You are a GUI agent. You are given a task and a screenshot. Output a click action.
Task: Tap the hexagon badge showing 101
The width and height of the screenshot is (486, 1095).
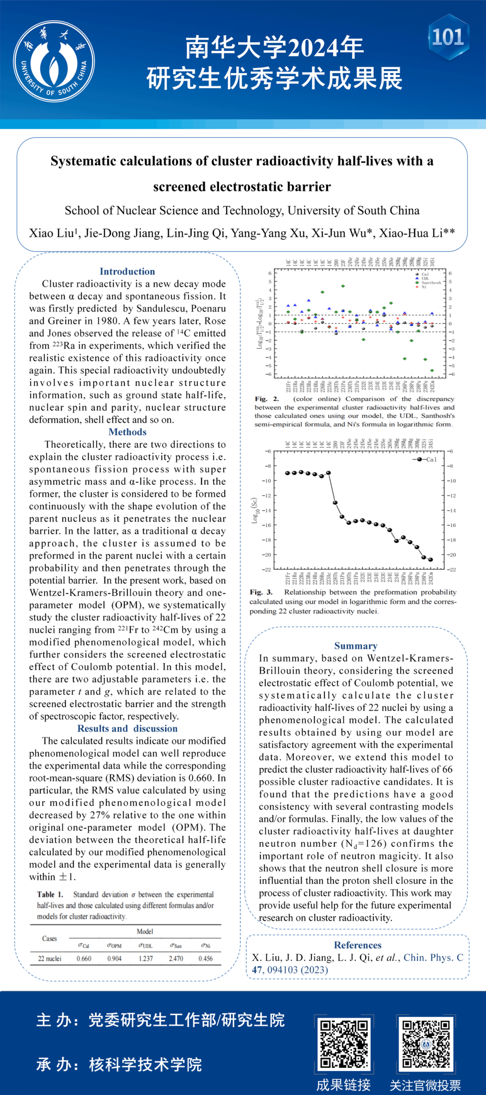pos(448,37)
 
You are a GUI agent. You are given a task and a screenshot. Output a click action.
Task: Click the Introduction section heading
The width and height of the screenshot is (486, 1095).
pos(127,271)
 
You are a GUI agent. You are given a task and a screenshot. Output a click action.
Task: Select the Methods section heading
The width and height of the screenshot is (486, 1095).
pos(127,432)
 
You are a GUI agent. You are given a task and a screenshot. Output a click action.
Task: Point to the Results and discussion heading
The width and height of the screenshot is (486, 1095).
pos(127,729)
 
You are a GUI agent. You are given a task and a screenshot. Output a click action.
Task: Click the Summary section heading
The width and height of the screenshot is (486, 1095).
pos(356,646)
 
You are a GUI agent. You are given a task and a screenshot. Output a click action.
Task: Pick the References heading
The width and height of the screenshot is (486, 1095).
pos(358,945)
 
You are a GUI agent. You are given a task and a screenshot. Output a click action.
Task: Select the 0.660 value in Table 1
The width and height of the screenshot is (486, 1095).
pos(84,958)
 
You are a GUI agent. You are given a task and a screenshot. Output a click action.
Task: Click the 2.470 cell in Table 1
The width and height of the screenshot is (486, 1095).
pos(176,958)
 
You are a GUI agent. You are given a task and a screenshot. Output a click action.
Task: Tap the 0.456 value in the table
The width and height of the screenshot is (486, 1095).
pos(206,958)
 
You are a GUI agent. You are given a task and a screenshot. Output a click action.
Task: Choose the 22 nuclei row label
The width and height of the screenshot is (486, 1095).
pos(49,958)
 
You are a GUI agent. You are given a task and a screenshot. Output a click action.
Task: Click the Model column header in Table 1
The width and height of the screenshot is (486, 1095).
pos(145,931)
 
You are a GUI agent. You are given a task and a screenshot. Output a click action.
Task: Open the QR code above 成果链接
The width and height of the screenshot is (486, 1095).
pos(344,1044)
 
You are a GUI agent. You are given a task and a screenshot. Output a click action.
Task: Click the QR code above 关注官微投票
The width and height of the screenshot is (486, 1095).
pos(426,1044)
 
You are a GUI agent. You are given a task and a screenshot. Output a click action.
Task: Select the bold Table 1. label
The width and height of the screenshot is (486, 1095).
pos(50,894)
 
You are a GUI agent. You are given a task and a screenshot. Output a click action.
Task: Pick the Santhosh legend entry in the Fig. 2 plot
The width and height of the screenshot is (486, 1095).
pos(431,283)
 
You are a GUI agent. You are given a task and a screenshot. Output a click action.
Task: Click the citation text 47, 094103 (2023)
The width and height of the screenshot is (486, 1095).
pos(290,970)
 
